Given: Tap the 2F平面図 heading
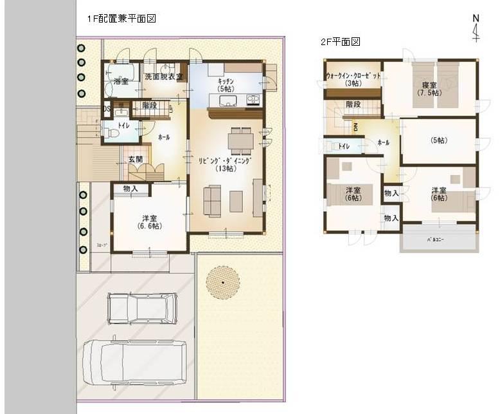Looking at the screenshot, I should pyautogui.click(x=340, y=42).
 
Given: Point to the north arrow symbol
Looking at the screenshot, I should pyautogui.click(x=476, y=28).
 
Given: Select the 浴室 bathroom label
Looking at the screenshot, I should pyautogui.click(x=121, y=82).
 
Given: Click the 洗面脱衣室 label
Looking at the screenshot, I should pyautogui.click(x=164, y=77).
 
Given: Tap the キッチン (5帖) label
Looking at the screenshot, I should pyautogui.click(x=225, y=85).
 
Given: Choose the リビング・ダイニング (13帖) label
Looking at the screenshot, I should pyautogui.click(x=225, y=164).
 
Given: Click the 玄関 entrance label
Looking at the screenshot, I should pyautogui.click(x=135, y=159).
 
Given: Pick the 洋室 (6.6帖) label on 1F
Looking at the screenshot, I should pyautogui.click(x=149, y=221).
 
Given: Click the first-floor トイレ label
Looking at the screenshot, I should pyautogui.click(x=124, y=126).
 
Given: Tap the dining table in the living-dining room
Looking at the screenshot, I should pyautogui.click(x=240, y=140).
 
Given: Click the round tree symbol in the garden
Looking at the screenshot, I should pyautogui.click(x=223, y=282).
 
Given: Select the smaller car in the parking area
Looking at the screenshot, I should pyautogui.click(x=142, y=308).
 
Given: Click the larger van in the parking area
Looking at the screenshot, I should pyautogui.click(x=135, y=362).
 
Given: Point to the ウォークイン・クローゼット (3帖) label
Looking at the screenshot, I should pyautogui.click(x=353, y=79).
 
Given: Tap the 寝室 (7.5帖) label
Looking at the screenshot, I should pyautogui.click(x=427, y=89).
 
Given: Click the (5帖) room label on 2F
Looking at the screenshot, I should pyautogui.click(x=438, y=140).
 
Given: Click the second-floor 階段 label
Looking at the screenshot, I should pyautogui.click(x=353, y=104).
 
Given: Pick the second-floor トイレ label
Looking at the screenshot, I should pyautogui.click(x=344, y=146).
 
